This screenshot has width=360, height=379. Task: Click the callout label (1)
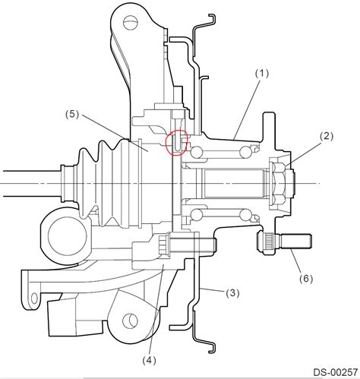coord(262,74)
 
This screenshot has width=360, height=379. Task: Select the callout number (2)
coord(327,136)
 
